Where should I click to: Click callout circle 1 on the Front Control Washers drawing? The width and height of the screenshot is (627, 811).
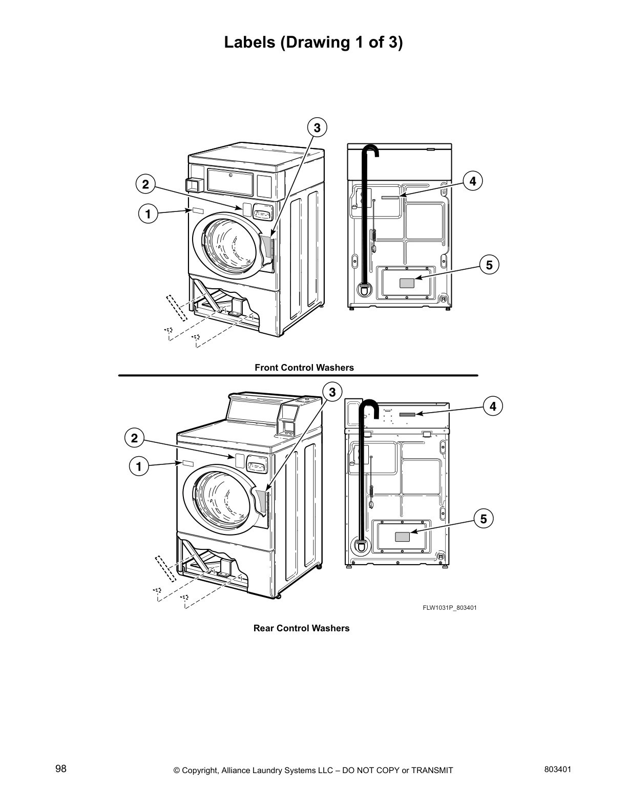point(148,214)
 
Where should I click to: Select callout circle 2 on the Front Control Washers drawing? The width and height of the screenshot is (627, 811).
point(145,184)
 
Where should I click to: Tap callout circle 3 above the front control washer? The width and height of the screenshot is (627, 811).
point(317,127)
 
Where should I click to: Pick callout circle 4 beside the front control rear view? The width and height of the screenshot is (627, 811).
point(472,181)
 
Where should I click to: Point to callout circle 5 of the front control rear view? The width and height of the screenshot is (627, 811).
point(489,265)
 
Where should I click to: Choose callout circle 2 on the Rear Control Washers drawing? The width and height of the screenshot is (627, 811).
point(134,438)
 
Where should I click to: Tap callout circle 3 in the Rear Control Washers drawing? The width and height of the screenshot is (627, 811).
point(332,392)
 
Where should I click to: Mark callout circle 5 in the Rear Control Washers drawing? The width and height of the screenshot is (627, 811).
point(483,518)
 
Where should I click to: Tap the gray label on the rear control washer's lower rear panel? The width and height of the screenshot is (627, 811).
point(402,537)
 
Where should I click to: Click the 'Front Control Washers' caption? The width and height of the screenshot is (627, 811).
point(304,368)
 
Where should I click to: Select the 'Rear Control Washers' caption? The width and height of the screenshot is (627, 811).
point(301,628)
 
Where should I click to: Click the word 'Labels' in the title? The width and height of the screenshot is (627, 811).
point(250,42)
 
